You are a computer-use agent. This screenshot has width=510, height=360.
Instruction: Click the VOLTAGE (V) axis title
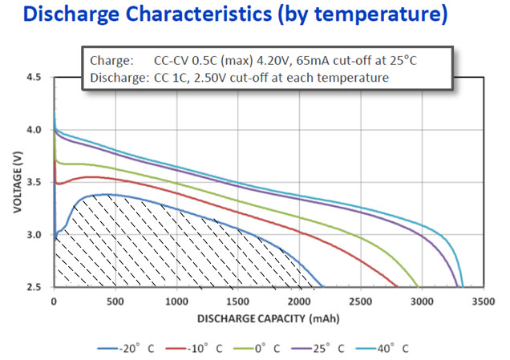point(17,182)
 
